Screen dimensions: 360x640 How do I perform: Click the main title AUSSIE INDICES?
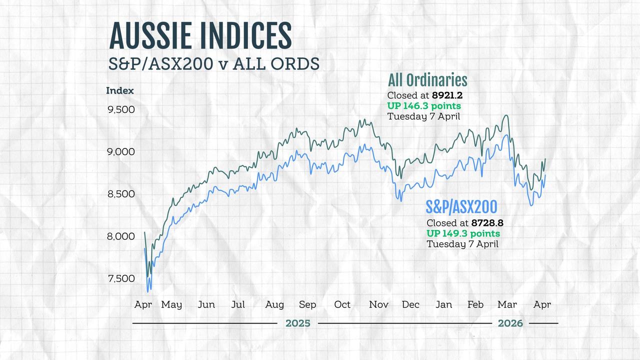[x=200, y=36]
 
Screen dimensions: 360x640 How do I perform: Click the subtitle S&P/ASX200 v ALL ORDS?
[x=214, y=64]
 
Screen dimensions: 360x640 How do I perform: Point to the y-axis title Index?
[x=120, y=90]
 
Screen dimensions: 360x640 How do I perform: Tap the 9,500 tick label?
[x=121, y=109]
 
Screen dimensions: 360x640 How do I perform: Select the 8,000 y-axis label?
[x=121, y=236]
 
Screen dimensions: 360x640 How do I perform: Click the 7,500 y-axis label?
[x=121, y=278]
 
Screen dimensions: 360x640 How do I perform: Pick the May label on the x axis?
[x=171, y=304]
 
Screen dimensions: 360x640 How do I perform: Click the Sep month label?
[x=307, y=304]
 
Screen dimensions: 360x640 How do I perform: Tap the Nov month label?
[x=379, y=304]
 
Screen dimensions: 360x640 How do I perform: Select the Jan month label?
[x=443, y=304]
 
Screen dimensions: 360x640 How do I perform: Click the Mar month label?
[x=507, y=304]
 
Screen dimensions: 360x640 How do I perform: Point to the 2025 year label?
[x=297, y=323]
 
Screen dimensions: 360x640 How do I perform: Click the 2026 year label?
[x=510, y=323]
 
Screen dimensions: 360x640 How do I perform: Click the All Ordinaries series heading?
[x=427, y=80]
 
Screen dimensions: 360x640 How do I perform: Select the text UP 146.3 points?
[x=424, y=106]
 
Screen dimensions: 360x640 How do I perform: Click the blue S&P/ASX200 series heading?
[x=461, y=207]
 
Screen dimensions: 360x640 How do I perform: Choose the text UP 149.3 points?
[x=463, y=233]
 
